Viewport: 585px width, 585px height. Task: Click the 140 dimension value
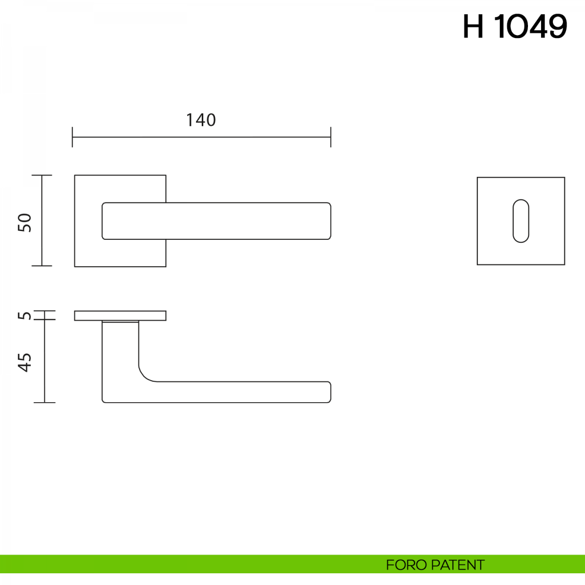[201, 120]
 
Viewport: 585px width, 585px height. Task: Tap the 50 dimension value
[25, 223]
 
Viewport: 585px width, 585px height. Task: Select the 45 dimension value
[25, 363]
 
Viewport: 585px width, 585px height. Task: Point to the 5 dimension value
[25, 315]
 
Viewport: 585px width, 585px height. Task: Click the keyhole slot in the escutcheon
[521, 221]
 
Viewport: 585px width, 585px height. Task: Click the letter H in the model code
[473, 26]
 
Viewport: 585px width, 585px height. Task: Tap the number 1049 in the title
[531, 26]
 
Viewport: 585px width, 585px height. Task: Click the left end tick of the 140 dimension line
[72, 137]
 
